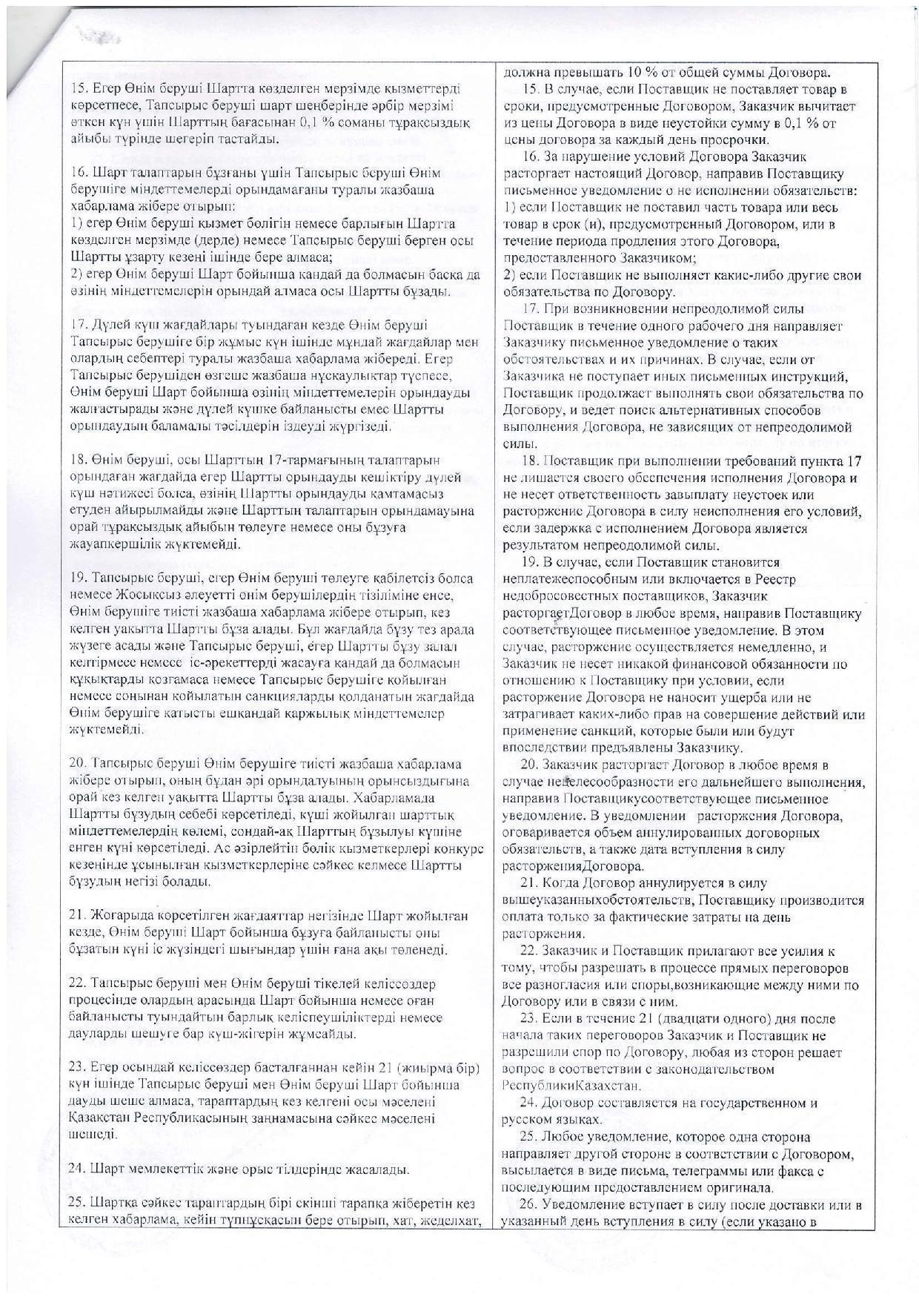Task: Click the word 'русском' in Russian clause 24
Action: point(527,1120)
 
